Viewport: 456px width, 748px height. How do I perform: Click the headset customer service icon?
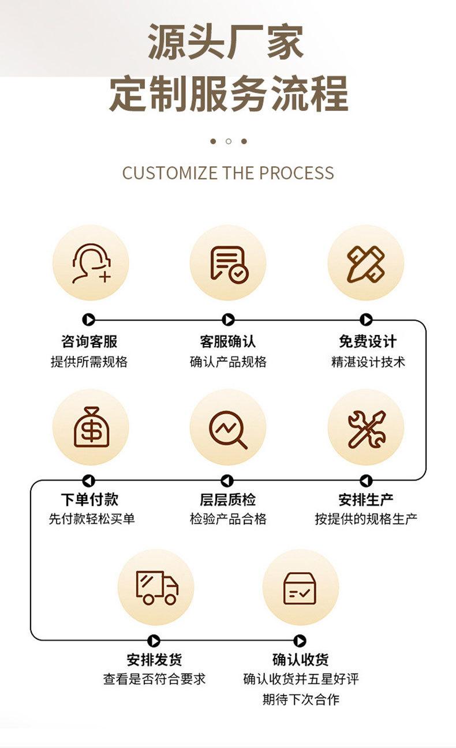pos(90,263)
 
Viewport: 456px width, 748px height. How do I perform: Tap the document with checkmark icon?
pos(228,263)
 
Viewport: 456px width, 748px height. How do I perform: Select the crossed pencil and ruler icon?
pos(365,263)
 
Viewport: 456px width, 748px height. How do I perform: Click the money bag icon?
pos(90,427)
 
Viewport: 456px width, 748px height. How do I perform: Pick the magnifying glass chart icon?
pos(228,428)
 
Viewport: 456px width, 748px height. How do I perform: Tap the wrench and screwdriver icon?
pos(365,428)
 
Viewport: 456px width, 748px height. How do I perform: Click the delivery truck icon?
pos(156,587)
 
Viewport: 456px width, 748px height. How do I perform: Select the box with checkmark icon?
pos(300,587)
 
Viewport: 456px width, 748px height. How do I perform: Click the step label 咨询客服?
pos(89,341)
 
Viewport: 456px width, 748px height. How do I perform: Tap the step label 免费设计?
pos(368,341)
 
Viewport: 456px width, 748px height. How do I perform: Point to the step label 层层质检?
pos(228,499)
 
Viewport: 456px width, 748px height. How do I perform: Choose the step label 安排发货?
pos(155,660)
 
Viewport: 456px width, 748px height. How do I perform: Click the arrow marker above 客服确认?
pos(228,320)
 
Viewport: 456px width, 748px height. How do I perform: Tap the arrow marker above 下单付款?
pos(88,480)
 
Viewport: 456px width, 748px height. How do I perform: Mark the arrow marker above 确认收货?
pos(300,641)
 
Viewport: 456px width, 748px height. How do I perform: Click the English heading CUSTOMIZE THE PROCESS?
pos(228,173)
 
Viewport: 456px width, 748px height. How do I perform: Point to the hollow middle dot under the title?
pos(229,141)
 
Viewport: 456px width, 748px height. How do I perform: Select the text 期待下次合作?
pos(301,700)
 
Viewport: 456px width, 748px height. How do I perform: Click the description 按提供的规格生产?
pos(366,519)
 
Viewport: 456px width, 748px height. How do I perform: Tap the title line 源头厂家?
pos(226,42)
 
